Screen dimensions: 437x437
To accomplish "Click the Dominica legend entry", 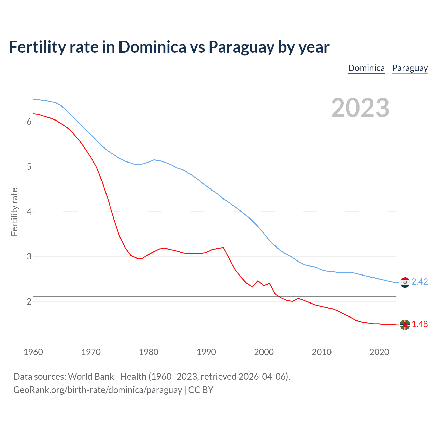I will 366,68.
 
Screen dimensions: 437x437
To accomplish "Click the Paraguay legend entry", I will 410,68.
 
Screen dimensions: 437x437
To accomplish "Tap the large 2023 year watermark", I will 360,108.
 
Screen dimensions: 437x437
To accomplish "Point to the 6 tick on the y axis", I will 29,122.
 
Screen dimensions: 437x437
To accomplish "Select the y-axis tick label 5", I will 29,167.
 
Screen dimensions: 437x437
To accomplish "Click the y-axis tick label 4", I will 29,212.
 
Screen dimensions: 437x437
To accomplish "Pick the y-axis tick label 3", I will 29,256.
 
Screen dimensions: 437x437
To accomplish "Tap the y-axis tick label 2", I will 29,301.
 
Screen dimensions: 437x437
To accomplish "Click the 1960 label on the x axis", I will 33,352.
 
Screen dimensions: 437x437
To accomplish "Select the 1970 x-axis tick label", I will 91,352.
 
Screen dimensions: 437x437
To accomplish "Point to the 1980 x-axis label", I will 149,352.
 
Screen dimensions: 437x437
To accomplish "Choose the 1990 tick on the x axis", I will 206,352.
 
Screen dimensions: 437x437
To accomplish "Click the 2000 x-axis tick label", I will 264,352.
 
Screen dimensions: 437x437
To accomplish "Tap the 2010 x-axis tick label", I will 322,352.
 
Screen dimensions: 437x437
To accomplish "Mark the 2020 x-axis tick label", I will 379,352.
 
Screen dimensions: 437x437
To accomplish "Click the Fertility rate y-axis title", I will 14,212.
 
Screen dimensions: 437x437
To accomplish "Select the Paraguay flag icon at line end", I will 405,282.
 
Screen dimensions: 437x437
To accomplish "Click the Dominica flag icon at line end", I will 405,325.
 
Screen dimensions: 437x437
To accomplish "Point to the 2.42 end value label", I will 420,282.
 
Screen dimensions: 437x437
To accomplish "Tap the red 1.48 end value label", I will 420,324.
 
